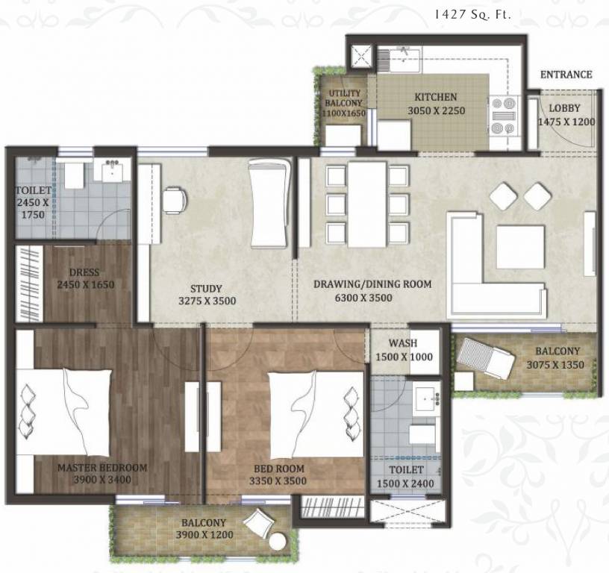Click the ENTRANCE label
click(x=566, y=75)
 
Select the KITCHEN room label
click(x=436, y=97)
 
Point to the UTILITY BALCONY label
click(x=344, y=98)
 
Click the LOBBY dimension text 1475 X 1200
click(x=566, y=122)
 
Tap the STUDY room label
click(x=206, y=289)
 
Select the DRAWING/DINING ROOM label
click(x=372, y=284)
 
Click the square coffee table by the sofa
click(x=520, y=246)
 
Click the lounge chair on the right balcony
click(x=485, y=357)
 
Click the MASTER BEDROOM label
click(x=102, y=468)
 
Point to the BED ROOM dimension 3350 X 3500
click(x=278, y=481)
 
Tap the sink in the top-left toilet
click(x=115, y=171)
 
